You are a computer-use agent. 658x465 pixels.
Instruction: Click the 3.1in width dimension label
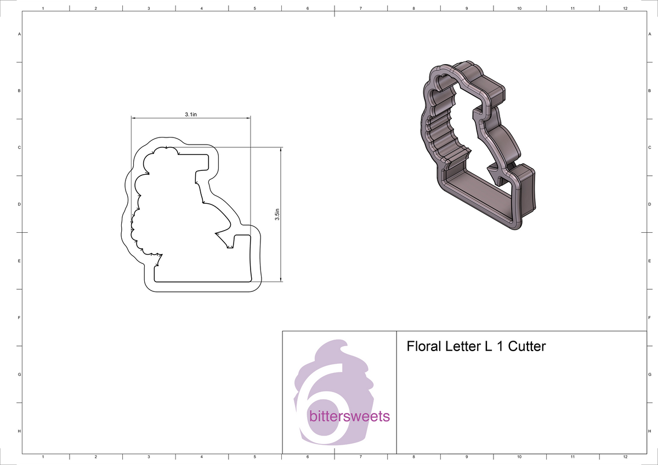[190, 114]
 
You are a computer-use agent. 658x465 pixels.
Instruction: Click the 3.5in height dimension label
[277, 214]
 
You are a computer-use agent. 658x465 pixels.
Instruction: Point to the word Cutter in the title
[527, 347]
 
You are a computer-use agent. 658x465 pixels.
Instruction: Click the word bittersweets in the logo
[349, 417]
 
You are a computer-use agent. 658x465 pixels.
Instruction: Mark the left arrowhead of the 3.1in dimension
[133, 118]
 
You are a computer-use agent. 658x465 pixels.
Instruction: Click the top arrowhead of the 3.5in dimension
[281, 149]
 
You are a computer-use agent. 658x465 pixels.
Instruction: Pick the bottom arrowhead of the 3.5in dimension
[281, 280]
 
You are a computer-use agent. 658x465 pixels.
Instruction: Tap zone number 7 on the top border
[360, 9]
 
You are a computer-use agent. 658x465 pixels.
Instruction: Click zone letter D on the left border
[20, 204]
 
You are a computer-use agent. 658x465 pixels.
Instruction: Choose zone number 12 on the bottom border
[625, 456]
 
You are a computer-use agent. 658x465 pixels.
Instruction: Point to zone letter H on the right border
[649, 432]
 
